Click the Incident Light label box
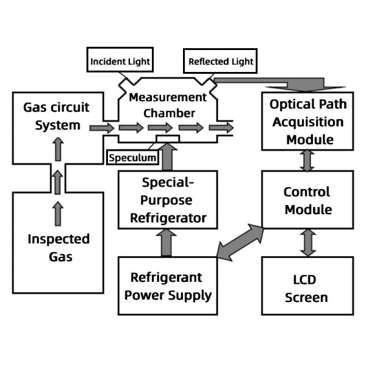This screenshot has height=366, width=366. click(120, 62)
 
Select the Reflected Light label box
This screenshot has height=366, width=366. click(220, 62)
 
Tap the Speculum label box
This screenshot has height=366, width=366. click(132, 157)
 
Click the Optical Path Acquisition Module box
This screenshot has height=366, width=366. click(307, 121)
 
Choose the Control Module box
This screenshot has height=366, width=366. click(307, 201)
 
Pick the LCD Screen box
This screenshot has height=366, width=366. click(307, 289)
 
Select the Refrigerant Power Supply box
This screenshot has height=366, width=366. click(167, 286)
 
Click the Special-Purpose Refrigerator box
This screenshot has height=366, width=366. click(167, 200)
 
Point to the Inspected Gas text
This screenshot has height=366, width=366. click(59, 247)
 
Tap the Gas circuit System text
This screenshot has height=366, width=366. click(56, 117)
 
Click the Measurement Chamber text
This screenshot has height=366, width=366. click(167, 105)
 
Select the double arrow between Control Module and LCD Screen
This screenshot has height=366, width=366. click(308, 243)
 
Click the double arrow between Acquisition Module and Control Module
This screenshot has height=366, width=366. click(308, 160)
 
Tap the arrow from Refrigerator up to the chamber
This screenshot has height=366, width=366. click(167, 157)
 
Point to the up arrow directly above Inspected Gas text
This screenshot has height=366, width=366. click(58, 213)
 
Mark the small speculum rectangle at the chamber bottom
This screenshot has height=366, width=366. click(167, 139)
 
